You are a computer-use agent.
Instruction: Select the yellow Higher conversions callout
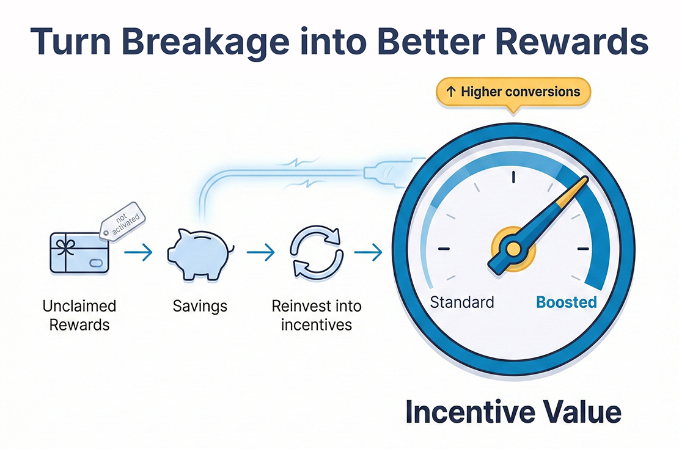click(512, 92)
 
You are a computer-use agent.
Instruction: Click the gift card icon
click(78, 252)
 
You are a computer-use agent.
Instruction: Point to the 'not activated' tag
click(122, 219)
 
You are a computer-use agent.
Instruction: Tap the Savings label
click(199, 306)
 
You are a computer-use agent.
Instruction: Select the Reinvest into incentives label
click(317, 315)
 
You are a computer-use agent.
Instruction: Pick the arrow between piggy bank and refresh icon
click(260, 252)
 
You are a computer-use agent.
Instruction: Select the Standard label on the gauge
click(462, 302)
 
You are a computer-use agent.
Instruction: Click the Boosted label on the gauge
click(566, 302)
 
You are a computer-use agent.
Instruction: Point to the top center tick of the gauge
click(514, 177)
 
